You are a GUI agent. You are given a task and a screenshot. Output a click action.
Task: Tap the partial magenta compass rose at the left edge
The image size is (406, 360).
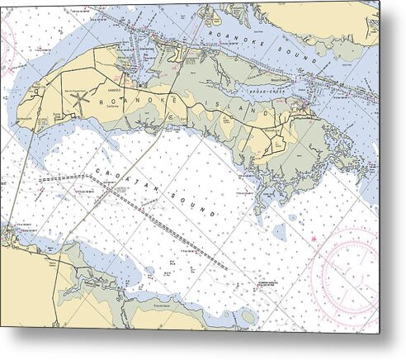[4, 50]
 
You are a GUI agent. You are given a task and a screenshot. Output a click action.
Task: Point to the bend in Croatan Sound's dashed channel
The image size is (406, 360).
[87, 175]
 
